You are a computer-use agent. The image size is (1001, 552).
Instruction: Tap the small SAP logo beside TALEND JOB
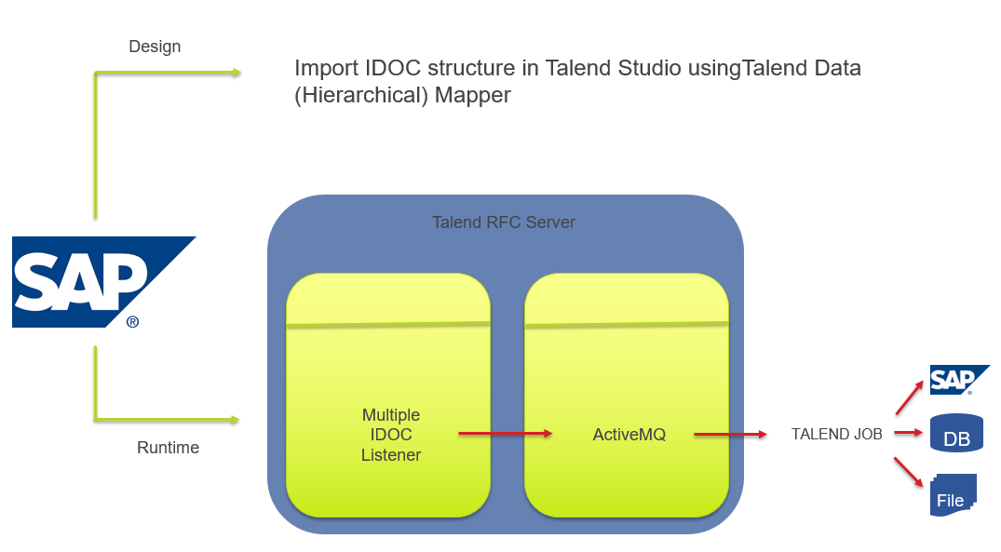(957, 380)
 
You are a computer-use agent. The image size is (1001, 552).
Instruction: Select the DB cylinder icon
(956, 434)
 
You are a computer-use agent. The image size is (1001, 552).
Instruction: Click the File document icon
(953, 495)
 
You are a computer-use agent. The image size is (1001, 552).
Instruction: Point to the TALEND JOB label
(836, 434)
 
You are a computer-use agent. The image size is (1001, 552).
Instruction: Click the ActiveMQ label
(629, 434)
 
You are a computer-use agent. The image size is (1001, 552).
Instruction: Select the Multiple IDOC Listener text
(391, 435)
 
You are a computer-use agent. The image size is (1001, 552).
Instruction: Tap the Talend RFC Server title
(504, 222)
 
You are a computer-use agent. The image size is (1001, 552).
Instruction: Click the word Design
(155, 47)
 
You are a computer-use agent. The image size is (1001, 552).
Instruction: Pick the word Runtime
(168, 448)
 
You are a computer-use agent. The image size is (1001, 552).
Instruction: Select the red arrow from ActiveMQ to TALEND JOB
(730, 434)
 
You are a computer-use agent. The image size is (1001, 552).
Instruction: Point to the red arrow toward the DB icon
(907, 433)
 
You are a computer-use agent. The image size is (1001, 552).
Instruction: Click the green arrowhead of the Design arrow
(235, 73)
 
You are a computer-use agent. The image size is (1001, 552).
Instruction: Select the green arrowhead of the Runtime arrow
(234, 420)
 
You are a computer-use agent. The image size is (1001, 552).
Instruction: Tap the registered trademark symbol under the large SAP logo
(132, 321)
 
